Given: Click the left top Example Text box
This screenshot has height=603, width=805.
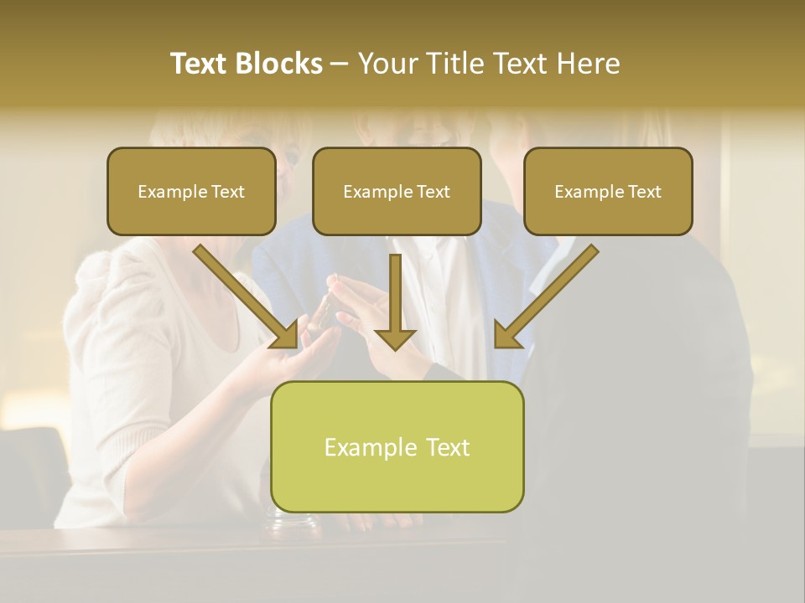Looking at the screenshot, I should point(191,191).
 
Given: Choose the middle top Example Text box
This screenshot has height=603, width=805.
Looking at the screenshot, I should point(397,191).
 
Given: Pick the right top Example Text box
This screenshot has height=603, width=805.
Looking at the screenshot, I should point(608,191).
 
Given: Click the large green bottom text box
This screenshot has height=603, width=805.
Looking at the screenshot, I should point(397,446).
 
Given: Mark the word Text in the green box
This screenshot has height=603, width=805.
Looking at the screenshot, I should point(448,447).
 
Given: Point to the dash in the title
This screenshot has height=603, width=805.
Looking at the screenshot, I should point(340,64).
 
